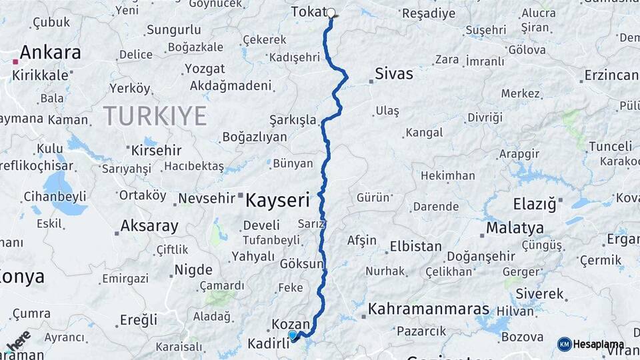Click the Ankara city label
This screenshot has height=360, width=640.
50,53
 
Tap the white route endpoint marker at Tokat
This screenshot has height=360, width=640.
331,13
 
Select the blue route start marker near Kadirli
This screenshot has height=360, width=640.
292,335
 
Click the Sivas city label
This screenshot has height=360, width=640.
393,73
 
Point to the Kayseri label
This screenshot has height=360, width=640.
278,199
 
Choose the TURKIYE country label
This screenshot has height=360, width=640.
155,117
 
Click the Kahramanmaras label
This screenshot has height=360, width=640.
429,309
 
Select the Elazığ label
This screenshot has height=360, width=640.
534,204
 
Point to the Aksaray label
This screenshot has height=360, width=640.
150,226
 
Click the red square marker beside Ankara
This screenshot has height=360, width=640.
15,62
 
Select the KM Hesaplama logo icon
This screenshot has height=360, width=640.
564,344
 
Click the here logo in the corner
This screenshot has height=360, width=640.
18,340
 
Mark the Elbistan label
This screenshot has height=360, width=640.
415,246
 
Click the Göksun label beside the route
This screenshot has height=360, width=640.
302,264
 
